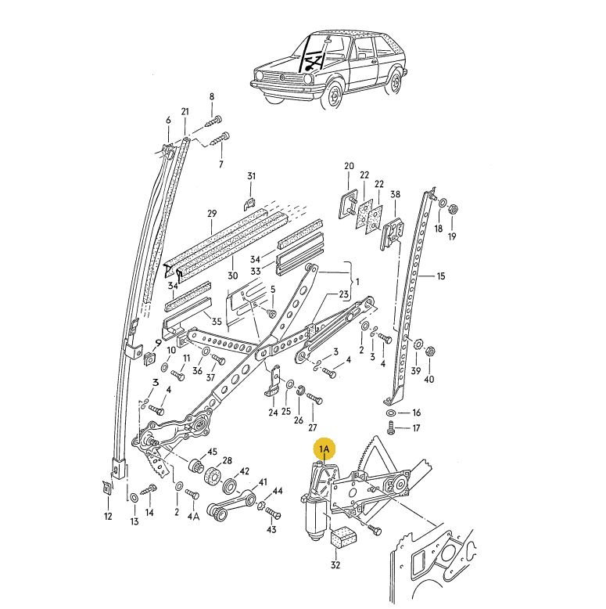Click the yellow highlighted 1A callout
tap(325, 449)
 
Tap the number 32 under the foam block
tap(335, 565)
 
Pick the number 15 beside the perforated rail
tap(440, 276)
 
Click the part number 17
tap(416, 428)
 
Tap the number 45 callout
tap(212, 453)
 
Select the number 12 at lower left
tap(108, 516)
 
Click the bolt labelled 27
tap(313, 399)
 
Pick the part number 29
tap(212, 214)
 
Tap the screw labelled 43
tap(273, 514)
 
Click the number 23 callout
tap(342, 294)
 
